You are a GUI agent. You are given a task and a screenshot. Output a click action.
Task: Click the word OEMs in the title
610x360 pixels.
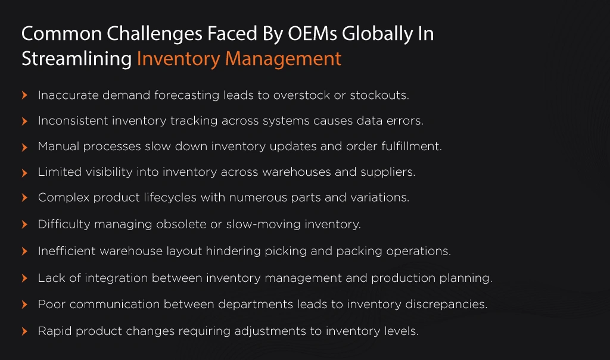312,33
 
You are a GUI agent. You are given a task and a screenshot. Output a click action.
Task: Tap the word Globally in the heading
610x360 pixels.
377,34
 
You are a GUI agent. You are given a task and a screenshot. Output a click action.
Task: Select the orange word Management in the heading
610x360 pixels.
283,59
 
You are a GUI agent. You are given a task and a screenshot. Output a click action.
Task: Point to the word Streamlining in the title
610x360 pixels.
77,59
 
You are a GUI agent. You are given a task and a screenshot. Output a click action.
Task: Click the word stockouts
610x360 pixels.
379,95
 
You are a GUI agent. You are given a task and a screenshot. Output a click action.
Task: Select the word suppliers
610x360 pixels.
388,172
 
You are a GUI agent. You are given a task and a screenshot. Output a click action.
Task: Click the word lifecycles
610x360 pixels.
170,198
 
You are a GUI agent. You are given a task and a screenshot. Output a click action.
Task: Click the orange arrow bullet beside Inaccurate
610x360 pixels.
24,95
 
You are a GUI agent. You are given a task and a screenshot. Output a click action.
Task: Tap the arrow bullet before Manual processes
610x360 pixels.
24,147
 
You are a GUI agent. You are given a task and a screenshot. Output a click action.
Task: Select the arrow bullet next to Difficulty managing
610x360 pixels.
24,225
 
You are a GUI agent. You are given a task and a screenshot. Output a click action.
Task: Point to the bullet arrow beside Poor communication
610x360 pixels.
24,305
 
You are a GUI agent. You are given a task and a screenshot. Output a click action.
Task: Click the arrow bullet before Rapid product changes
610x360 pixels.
24,331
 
